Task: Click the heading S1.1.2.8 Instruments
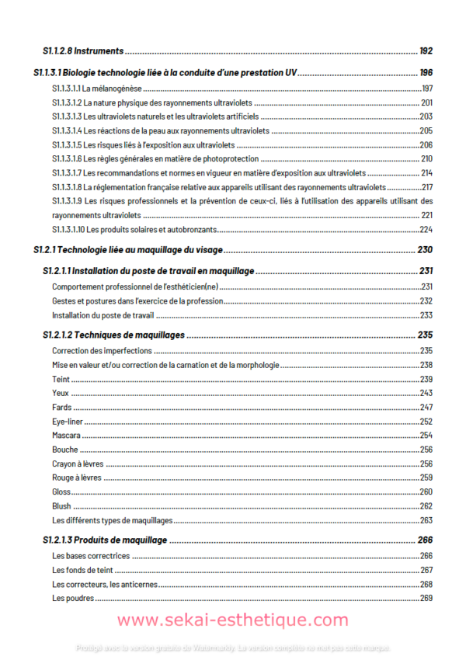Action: pos(83,51)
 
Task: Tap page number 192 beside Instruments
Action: pos(425,51)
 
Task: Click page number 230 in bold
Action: pos(424,250)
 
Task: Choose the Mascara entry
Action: pos(67,436)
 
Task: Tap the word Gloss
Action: pos(61,492)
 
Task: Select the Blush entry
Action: pos(61,506)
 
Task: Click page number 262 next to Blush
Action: pos(426,506)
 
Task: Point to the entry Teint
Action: pos(61,379)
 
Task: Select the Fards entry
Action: pos(62,408)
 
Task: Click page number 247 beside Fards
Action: pos(426,408)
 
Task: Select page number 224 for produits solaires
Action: pos(426,230)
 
